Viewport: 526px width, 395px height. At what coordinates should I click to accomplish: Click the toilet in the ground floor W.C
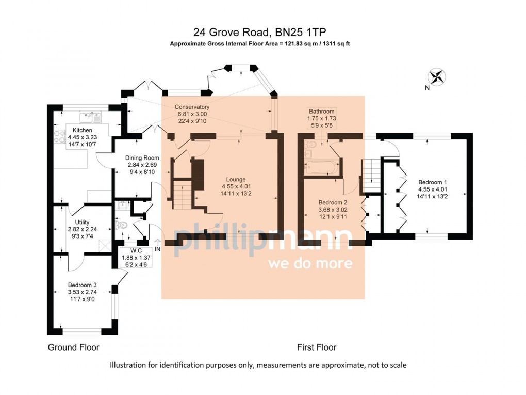122,226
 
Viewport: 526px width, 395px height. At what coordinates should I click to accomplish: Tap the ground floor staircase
181,186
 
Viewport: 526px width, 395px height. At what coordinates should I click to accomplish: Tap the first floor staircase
370,176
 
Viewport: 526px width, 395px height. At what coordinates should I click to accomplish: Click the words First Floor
316,347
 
